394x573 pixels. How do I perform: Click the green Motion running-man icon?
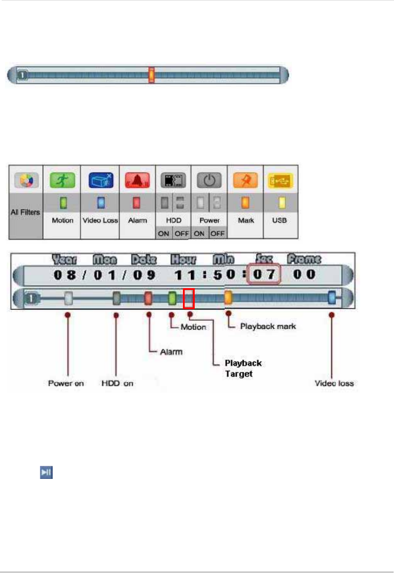coord(62,181)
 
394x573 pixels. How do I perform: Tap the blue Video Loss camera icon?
coord(100,181)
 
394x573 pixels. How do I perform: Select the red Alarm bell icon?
coord(137,181)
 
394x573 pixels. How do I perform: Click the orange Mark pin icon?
coord(245,181)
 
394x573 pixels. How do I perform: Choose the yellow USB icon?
coord(281,181)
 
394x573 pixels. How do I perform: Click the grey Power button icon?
coord(209,181)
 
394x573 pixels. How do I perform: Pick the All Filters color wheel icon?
coord(26,181)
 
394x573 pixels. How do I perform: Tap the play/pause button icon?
coord(46,473)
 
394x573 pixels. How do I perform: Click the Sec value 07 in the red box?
coord(264,275)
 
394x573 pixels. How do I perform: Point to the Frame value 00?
coord(304,275)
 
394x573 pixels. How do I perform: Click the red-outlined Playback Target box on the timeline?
coord(189,298)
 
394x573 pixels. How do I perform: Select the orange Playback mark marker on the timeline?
coord(228,297)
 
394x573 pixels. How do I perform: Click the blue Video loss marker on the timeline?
coord(332,298)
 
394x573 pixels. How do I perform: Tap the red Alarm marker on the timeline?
coord(148,298)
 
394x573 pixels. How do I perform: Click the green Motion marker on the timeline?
coord(172,298)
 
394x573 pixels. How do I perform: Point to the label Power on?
coord(66,383)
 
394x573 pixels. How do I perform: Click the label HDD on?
coord(117,383)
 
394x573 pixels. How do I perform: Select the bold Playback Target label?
coord(243,368)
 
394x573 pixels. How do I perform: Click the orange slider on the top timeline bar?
coord(152,75)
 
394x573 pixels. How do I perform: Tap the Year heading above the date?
coord(64,260)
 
